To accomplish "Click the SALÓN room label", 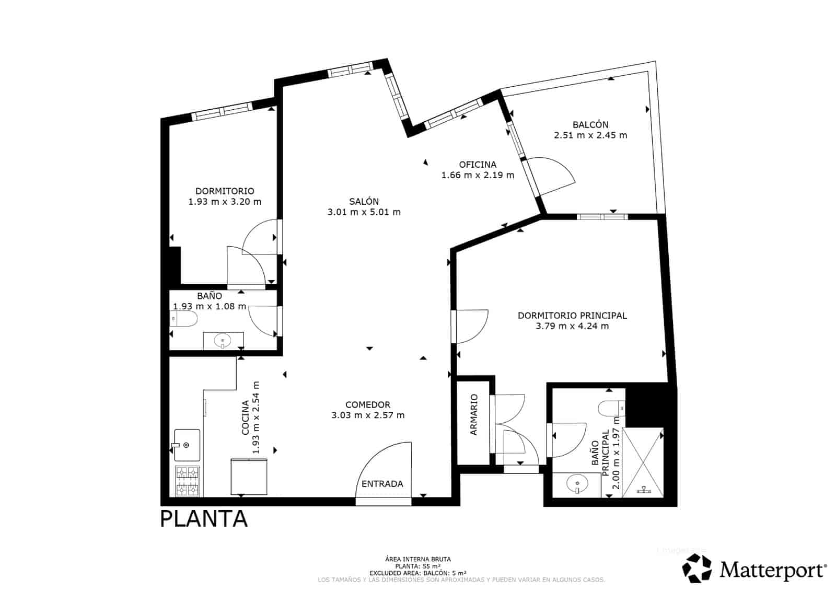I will click(x=364, y=201).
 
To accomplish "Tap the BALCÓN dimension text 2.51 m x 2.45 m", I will click(x=590, y=135).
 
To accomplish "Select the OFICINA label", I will click(x=478, y=165).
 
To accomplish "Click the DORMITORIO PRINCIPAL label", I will click(x=572, y=316).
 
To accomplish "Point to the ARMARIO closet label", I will click(x=474, y=414).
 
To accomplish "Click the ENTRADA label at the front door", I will click(x=382, y=484).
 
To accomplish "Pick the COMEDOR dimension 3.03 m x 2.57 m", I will click(x=368, y=415).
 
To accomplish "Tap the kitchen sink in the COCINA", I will click(x=187, y=445).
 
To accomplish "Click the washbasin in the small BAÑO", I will click(x=223, y=341).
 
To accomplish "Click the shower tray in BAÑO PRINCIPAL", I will click(x=643, y=462).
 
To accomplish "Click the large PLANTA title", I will click(x=203, y=519).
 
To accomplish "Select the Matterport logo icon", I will click(x=698, y=568).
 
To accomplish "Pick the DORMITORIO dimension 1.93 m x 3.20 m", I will click(x=225, y=202).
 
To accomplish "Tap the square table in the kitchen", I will click(x=249, y=476).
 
